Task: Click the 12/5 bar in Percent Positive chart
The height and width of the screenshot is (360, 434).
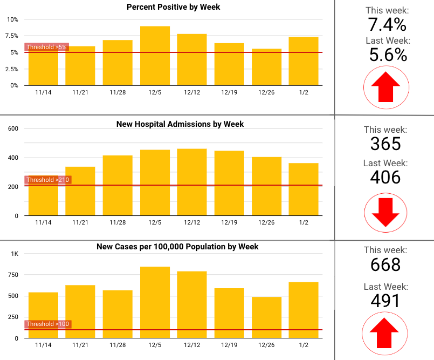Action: [x=155, y=56]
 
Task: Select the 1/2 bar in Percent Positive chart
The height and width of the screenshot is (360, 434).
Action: [x=304, y=61]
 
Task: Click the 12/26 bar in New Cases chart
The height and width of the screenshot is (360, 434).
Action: [x=266, y=317]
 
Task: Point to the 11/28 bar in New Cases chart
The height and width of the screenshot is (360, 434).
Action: [x=118, y=314]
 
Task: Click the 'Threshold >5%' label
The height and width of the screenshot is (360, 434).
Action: [x=46, y=47]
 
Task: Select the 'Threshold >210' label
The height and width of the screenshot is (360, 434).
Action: [x=49, y=180]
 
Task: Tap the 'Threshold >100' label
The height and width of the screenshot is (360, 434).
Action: [x=49, y=324]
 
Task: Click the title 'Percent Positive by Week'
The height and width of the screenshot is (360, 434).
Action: [x=173, y=7]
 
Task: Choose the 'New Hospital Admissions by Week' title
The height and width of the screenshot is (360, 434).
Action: [x=180, y=124]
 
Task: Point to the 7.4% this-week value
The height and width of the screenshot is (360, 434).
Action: [x=387, y=25]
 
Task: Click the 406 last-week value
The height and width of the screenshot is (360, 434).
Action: [x=386, y=177]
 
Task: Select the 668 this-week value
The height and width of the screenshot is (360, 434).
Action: [x=386, y=264]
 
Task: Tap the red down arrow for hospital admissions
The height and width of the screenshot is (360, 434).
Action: [x=385, y=212]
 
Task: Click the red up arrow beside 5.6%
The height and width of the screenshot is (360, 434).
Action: [x=385, y=87]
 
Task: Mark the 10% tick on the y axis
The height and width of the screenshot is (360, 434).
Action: [x=12, y=19]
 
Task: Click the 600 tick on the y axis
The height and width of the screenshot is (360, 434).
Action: [x=13, y=128]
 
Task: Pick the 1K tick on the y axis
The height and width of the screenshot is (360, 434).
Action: [x=15, y=254]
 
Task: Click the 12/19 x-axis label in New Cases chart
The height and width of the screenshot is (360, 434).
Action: [x=229, y=344]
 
